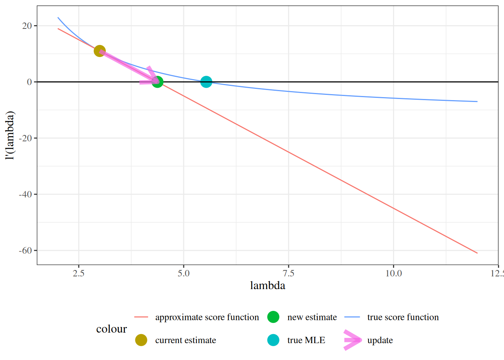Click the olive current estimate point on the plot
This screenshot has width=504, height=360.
pos(99,51)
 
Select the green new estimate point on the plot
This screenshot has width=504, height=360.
pos(157,82)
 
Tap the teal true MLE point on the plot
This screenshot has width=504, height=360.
pos(206,82)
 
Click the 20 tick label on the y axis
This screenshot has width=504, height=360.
pos(27,26)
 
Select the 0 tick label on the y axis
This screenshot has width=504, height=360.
pos(30,82)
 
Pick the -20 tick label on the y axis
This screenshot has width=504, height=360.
pos(25,138)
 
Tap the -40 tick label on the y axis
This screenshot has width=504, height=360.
pos(25,195)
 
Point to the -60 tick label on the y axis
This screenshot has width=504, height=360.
pos(25,251)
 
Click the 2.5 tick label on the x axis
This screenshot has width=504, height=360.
pos(79,273)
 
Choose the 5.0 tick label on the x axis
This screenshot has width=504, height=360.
pos(184,273)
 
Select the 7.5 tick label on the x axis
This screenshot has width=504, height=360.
pos(289,273)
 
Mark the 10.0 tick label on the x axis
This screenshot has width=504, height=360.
pos(394,273)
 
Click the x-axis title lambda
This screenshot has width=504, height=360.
pos(268,286)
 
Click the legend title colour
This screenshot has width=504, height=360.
pos(111,329)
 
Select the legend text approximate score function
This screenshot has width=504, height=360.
pos(207,317)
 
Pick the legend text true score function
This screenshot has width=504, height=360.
pos(403,317)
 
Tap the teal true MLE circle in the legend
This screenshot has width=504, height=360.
pos(273,340)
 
